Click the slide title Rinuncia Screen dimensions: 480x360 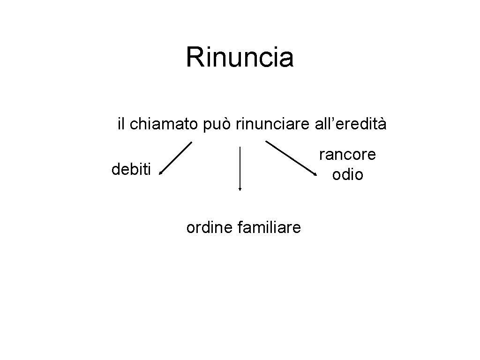[240, 58]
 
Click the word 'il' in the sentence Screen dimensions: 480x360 [121, 124]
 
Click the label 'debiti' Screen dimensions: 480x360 [131, 169]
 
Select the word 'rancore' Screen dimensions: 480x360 [347, 154]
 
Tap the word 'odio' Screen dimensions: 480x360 [347, 175]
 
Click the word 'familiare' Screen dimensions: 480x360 [270, 228]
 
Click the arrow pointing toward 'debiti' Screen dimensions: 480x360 [175, 158]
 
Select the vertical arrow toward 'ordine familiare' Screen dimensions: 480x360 [240, 168]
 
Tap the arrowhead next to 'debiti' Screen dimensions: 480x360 [160, 173]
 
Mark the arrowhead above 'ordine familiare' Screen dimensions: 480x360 [240, 189]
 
